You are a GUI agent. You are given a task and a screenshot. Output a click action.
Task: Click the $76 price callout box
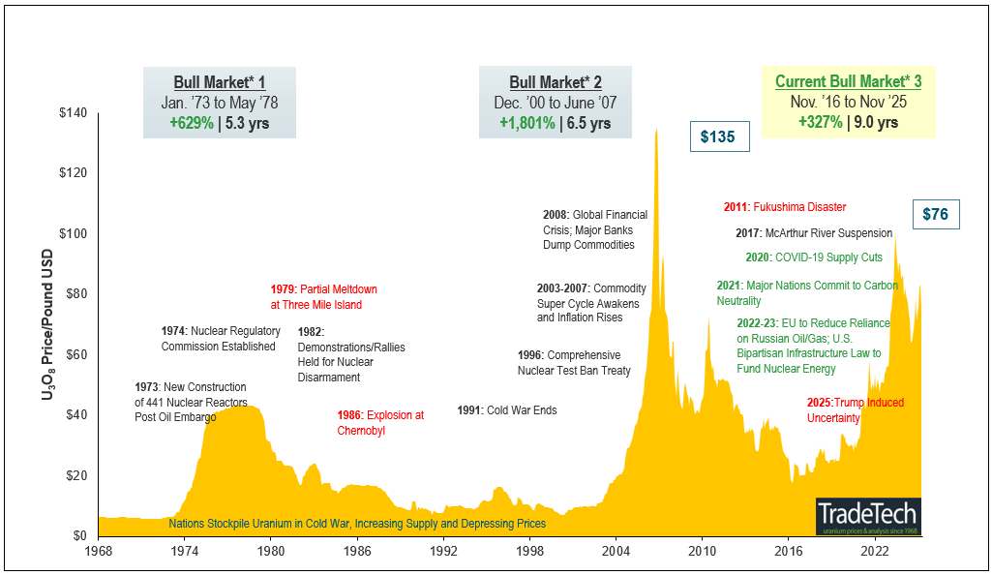click(935, 214)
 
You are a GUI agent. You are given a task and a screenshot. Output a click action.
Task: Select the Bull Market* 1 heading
click(220, 82)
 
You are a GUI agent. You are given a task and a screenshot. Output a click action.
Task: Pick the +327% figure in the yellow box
click(820, 123)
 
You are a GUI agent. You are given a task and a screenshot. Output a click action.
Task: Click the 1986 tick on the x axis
click(358, 551)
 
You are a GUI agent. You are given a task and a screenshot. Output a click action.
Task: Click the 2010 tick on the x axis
click(702, 551)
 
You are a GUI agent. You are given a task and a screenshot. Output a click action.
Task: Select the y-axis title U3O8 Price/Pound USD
click(46, 324)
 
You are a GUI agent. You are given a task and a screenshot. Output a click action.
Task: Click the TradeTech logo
click(867, 515)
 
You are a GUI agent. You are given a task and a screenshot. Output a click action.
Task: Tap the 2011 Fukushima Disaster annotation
click(785, 207)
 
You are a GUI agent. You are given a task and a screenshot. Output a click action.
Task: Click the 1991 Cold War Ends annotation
click(507, 410)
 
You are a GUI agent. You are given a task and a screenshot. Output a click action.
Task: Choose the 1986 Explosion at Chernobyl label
click(380, 423)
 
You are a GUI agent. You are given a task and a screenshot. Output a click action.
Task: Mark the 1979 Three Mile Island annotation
click(323, 297)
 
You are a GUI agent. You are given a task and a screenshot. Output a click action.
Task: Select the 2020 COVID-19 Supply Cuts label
click(813, 257)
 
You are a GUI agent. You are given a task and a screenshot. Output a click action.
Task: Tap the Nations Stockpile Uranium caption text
click(357, 524)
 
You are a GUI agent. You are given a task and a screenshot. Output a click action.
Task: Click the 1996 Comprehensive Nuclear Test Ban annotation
click(574, 363)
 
